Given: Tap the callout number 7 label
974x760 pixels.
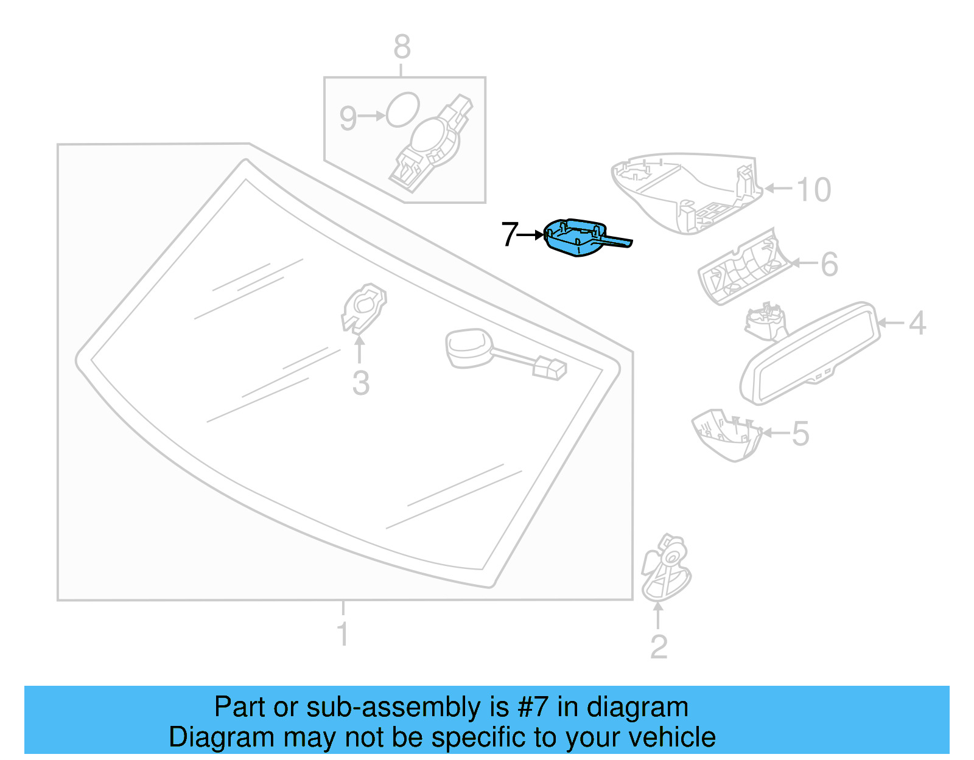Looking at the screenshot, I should (509, 234).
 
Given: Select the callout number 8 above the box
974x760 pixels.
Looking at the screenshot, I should (402, 47).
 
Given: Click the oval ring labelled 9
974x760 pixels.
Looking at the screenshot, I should (402, 110).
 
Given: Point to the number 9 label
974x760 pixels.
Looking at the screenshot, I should (348, 118).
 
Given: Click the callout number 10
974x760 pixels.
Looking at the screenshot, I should (813, 190).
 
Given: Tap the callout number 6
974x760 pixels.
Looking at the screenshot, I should (829, 264).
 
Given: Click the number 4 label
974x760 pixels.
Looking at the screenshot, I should (917, 323).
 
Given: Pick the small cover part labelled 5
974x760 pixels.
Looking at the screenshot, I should (726, 434).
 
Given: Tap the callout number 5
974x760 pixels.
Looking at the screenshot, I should (801, 434).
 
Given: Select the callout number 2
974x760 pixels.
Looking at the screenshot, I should (659, 647).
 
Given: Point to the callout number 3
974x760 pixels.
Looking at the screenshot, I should (360, 384).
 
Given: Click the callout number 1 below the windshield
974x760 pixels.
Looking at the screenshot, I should (343, 634).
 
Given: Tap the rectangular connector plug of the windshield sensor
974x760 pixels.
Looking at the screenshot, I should (549, 369).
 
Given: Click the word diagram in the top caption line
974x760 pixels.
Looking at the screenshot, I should (637, 707).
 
